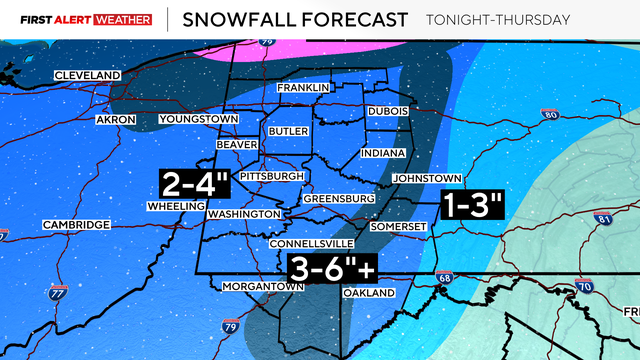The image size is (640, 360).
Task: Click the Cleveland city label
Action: pyautogui.click(x=87, y=76)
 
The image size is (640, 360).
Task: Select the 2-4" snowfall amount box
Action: pyautogui.click(x=195, y=182)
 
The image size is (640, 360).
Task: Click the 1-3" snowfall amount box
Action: pyautogui.click(x=471, y=205)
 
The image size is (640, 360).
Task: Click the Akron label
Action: pyautogui.click(x=115, y=120)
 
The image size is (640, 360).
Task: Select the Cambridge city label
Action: pyautogui.click(x=76, y=225)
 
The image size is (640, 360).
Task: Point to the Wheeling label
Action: pyautogui.click(x=175, y=206)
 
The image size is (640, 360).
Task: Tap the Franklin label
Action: pyautogui.click(x=304, y=88)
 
